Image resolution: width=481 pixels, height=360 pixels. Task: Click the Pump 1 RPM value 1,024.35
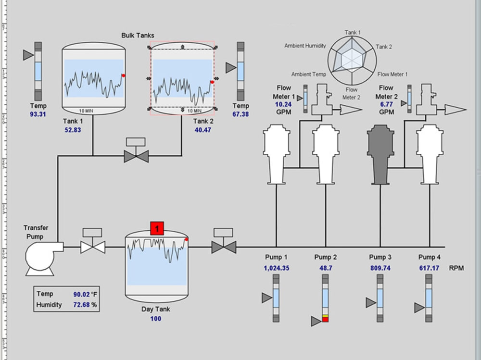point(276,268)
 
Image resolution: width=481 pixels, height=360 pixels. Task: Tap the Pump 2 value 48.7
point(326,268)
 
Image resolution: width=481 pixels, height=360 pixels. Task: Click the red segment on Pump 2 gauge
point(325,320)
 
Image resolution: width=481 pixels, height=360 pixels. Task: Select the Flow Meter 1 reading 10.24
point(283,104)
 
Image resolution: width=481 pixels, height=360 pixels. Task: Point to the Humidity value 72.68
point(81,305)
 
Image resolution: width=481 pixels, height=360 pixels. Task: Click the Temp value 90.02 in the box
point(81,294)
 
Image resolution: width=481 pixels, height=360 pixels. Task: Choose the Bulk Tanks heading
point(138,36)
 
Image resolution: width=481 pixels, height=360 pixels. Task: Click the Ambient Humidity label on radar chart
point(305,46)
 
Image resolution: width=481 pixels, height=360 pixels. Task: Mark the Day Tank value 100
point(155,319)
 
